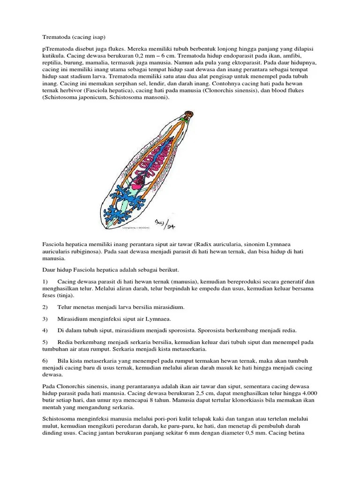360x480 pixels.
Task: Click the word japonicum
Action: click(x=86, y=98)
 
